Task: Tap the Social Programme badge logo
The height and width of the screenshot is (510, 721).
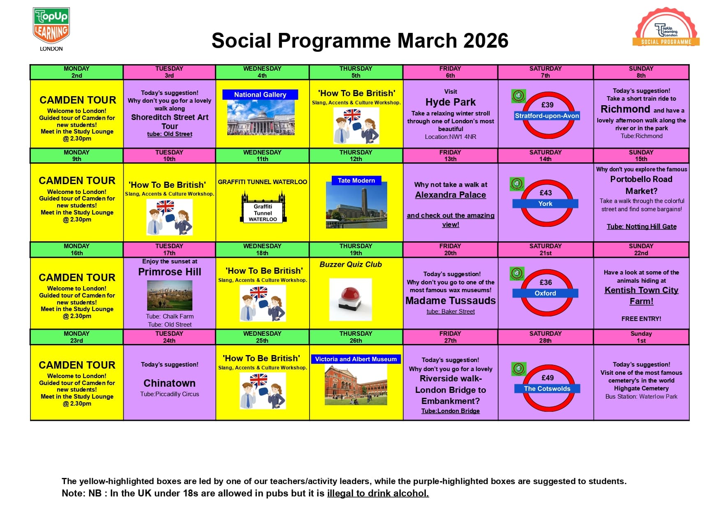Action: click(666, 27)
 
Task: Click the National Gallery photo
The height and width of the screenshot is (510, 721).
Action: click(261, 117)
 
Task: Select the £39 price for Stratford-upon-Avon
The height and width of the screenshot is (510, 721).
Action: click(547, 105)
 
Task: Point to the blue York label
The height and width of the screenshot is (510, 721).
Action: click(545, 204)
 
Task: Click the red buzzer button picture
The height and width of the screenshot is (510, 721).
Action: click(350, 299)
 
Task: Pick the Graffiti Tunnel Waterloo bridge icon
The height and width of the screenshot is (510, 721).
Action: click(263, 208)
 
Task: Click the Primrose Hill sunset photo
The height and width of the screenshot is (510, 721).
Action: click(169, 295)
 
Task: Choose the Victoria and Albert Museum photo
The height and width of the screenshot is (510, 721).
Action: click(356, 385)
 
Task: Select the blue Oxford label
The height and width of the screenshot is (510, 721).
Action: click(545, 293)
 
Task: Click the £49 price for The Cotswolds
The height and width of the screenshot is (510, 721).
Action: click(548, 378)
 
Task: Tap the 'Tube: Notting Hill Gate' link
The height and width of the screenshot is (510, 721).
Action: click(641, 226)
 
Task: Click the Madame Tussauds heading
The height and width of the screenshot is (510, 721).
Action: click(451, 301)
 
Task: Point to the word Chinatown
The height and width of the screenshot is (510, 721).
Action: click(169, 383)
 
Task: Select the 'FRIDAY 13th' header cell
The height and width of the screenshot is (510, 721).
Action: click(450, 156)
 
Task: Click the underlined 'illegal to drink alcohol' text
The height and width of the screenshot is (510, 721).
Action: click(378, 493)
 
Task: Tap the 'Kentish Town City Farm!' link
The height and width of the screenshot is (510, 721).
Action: click(641, 295)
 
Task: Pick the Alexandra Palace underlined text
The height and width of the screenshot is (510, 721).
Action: click(451, 195)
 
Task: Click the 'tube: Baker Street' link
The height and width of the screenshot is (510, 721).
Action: click(451, 312)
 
